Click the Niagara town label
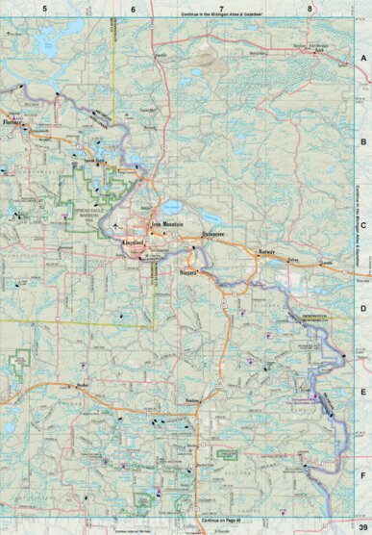coord(189,274)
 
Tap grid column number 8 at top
coord(309,8)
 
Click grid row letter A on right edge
coord(363,59)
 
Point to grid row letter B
coord(363,141)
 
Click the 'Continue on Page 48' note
coord(222,521)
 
